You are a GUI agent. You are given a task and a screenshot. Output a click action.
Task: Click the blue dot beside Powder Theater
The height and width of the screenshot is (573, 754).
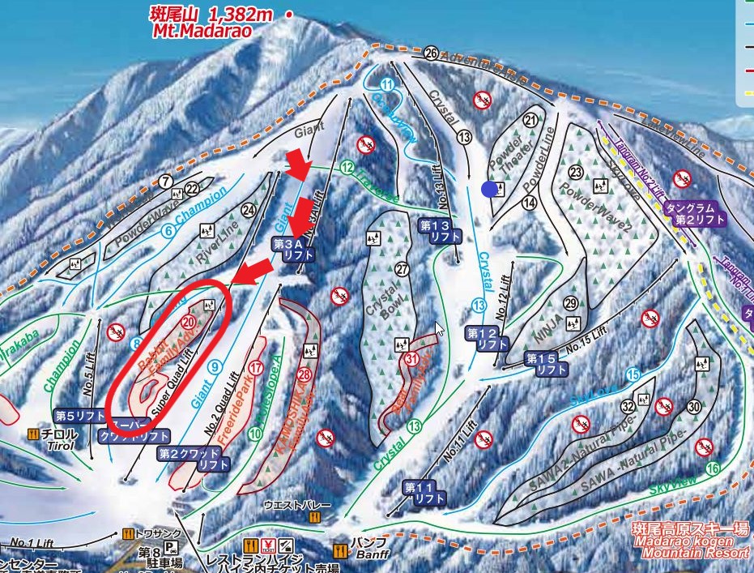488,189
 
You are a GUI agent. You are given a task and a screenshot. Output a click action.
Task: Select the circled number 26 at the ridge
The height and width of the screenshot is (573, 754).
431,53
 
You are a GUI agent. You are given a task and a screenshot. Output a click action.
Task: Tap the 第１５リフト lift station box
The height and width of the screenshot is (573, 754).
546,363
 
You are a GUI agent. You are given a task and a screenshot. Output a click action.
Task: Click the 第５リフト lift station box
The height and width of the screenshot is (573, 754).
80,416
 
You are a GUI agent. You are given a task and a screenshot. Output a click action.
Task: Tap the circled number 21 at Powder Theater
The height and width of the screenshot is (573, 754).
531,120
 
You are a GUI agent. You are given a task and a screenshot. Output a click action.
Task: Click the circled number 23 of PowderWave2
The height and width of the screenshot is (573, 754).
576,172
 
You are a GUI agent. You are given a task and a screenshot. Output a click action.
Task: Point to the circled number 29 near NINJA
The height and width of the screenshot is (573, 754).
569,303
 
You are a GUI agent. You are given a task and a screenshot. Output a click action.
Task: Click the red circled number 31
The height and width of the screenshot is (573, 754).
411,359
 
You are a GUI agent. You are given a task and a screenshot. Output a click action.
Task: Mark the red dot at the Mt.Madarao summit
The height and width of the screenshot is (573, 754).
288,13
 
